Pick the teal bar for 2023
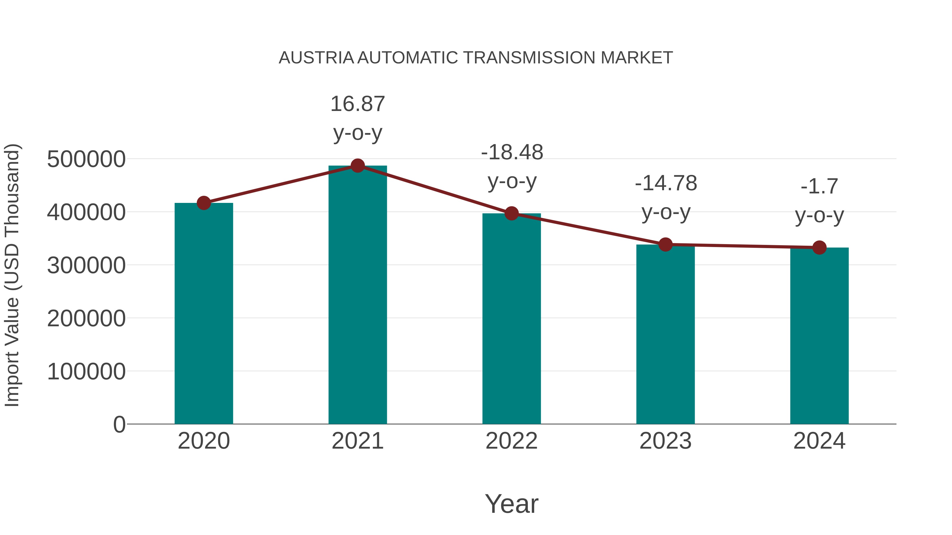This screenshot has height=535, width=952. [x=665, y=334]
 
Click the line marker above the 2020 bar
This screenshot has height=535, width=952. [x=204, y=203]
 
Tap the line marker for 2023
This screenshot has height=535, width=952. [x=665, y=244]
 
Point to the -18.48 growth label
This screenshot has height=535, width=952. [x=512, y=166]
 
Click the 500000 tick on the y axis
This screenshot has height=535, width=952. [x=86, y=160]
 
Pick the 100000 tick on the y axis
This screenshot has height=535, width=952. [x=86, y=371]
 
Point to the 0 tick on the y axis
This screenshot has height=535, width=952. [x=119, y=425]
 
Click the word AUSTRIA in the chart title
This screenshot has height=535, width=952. [x=316, y=58]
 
